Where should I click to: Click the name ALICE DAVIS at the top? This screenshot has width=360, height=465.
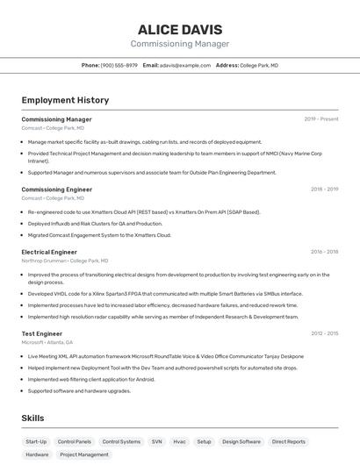click(x=179, y=30)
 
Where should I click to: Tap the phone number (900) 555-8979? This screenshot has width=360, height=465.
click(x=119, y=65)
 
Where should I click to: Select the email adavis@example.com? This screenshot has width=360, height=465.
click(x=185, y=65)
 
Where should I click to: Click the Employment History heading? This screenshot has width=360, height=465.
click(x=65, y=101)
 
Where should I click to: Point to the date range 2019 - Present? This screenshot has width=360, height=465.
click(x=321, y=119)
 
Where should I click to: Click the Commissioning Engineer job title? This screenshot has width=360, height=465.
click(x=57, y=190)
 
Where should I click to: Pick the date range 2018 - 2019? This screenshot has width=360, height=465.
click(x=324, y=190)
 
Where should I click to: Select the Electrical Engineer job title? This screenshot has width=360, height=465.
click(x=49, y=252)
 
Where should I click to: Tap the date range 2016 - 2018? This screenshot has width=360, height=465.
click(x=324, y=252)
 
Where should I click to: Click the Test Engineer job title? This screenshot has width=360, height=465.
click(x=42, y=333)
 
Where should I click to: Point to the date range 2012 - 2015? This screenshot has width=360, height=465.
click(x=324, y=333)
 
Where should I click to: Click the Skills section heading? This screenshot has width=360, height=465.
click(x=32, y=418)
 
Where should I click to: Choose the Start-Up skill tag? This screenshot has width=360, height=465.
click(x=36, y=442)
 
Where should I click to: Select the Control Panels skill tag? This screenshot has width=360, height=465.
click(x=75, y=442)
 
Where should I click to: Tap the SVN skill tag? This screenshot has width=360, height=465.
click(x=157, y=442)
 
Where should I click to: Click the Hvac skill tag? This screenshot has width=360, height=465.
click(x=179, y=442)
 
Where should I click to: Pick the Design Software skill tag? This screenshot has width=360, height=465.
click(x=241, y=442)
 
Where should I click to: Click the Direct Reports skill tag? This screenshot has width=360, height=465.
click(x=289, y=442)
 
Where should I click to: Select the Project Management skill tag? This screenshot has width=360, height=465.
click(x=84, y=455)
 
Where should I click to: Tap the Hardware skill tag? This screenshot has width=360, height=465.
click(x=37, y=455)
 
